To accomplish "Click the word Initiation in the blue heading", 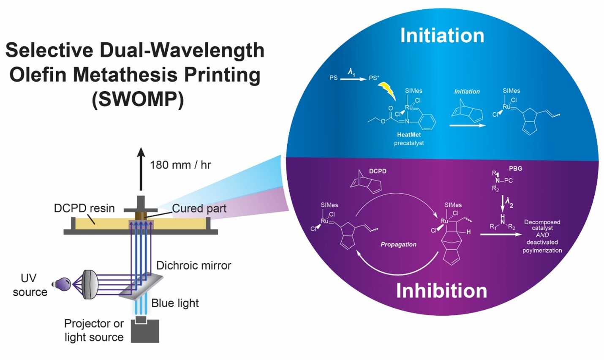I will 442,35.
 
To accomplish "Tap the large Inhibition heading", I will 441,291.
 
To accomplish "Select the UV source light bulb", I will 62,284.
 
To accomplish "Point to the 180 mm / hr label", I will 180,165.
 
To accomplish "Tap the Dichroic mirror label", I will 193,265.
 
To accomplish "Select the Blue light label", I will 175,303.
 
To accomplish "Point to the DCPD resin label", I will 84,208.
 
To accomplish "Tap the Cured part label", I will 199,208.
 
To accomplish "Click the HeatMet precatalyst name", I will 409,135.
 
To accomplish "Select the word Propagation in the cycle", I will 398,244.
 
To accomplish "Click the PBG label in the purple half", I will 515,168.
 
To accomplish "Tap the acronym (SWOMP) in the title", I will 138,100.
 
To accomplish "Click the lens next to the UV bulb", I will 90,284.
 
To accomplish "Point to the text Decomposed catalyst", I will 542,225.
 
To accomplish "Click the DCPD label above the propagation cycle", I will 378,171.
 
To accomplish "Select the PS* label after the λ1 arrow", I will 374,78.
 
